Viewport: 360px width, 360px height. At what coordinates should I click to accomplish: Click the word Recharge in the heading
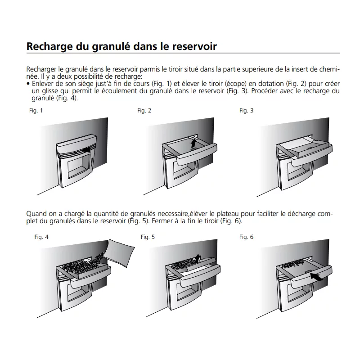pyautogui.click(x=49, y=47)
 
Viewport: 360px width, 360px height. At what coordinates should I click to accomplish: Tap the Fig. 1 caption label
pyautogui.click(x=36, y=111)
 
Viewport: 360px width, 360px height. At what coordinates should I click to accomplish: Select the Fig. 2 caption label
pyautogui.click(x=144, y=111)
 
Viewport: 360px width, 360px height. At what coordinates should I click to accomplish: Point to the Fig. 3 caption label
pyautogui.click(x=246, y=111)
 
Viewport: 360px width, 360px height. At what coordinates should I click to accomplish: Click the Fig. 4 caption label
pyautogui.click(x=41, y=237)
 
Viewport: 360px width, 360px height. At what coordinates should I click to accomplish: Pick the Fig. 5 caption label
pyautogui.click(x=148, y=237)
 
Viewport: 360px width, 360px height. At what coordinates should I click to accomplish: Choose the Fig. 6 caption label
pyautogui.click(x=246, y=237)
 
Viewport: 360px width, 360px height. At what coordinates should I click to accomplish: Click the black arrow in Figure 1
pyautogui.click(x=86, y=150)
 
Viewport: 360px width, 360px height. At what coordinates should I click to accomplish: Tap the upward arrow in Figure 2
pyautogui.click(x=193, y=143)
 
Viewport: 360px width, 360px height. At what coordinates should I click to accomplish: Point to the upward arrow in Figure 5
pyautogui.click(x=198, y=258)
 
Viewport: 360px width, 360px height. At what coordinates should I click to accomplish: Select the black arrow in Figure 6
pyautogui.click(x=316, y=276)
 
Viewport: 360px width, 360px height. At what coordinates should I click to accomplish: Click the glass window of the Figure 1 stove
pyautogui.click(x=78, y=166)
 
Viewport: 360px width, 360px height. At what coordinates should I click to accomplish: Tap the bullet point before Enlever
pyautogui.click(x=28, y=84)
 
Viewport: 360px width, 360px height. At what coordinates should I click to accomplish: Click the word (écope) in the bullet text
pyautogui.click(x=238, y=84)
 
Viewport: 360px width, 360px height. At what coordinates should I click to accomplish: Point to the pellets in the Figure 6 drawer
pyautogui.click(x=293, y=265)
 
